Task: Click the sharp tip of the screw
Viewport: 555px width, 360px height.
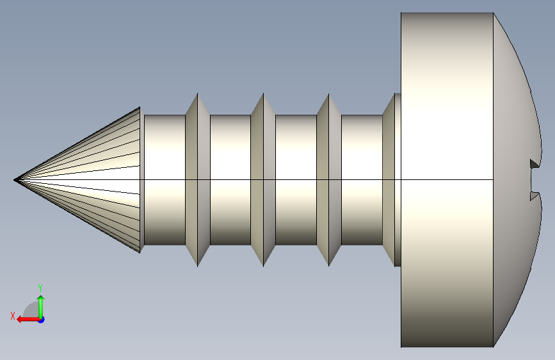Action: click(15, 180)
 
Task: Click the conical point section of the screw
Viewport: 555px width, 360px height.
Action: click(88, 180)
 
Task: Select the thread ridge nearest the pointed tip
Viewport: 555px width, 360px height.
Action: click(198, 180)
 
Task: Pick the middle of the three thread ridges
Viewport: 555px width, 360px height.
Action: click(263, 180)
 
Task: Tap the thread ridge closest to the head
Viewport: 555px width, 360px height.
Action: click(329, 180)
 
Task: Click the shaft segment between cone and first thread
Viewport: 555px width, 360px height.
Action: click(165, 180)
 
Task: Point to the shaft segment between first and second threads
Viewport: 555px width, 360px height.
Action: click(230, 180)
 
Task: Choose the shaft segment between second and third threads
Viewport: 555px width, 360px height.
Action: click(296, 180)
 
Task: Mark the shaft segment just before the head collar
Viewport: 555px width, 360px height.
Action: click(362, 180)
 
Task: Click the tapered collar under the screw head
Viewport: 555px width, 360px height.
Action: click(392, 180)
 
